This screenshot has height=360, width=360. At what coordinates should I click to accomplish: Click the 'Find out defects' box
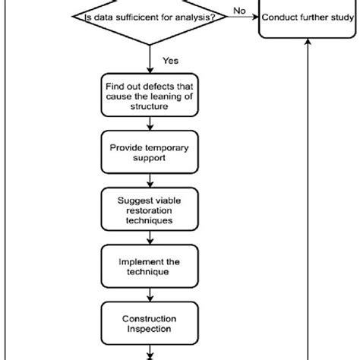tap(152, 96)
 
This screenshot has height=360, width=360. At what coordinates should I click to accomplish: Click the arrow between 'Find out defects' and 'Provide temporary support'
tap(152, 124)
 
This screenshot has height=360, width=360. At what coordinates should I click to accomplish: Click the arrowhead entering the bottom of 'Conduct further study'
tap(307, 44)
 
